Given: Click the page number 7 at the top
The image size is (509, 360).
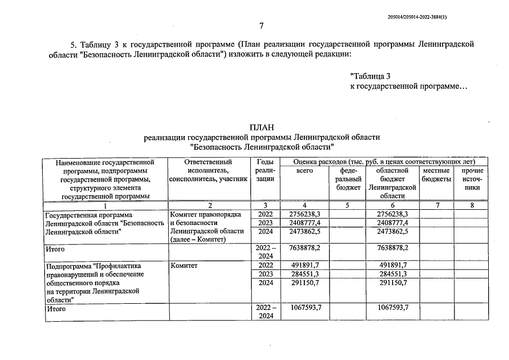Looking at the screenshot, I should (x=261, y=25).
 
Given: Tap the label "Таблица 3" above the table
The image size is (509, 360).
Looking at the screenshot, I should (x=370, y=76).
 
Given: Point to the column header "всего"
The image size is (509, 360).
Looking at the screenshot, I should (x=304, y=170).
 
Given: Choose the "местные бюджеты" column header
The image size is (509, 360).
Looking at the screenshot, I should (x=436, y=174).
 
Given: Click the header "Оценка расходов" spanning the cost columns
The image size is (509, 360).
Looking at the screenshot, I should (x=384, y=162).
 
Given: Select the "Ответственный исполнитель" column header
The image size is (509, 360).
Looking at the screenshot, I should (x=208, y=170).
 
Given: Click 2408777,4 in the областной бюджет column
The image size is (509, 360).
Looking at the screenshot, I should (x=391, y=223).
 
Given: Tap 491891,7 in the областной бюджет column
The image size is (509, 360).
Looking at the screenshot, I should (x=391, y=265).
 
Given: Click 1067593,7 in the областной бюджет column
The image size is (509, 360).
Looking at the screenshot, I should (x=391, y=308).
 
